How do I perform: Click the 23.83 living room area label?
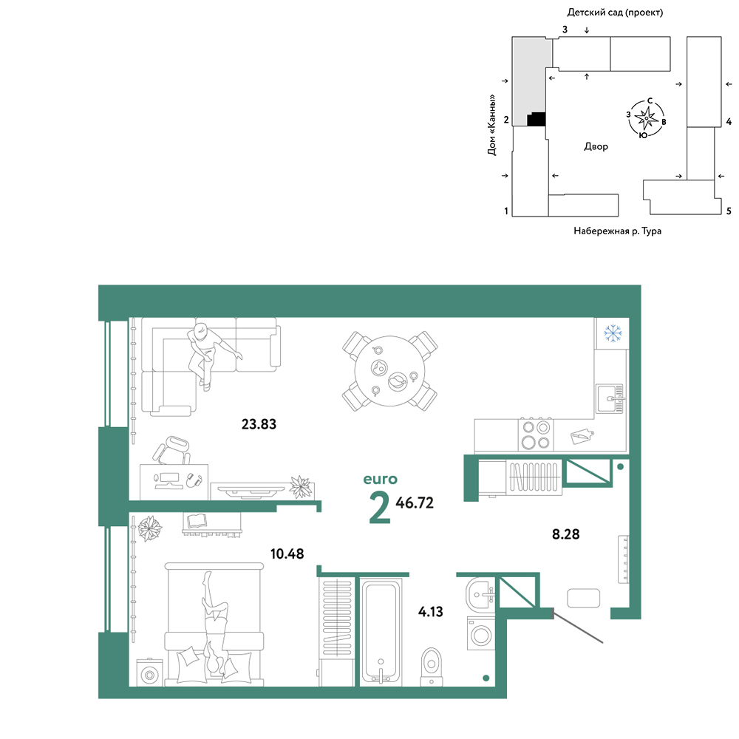[259, 424]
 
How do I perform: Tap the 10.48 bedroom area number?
[287, 554]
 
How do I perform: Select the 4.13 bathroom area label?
[430, 612]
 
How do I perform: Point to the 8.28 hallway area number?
[565, 534]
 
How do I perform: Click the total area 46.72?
[415, 503]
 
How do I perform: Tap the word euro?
[380, 480]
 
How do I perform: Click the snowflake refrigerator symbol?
[613, 333]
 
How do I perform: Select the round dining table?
[389, 372]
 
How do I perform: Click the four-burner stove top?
[536, 435]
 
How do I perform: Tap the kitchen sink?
[610, 399]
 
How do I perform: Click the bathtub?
[381, 632]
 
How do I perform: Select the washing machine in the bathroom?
[481, 633]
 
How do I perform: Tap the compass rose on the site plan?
[646, 118]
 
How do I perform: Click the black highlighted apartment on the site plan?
[537, 119]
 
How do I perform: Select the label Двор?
[596, 146]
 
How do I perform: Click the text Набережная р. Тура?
[617, 231]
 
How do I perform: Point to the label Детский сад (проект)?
[615, 13]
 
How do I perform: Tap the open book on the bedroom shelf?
[197, 521]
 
